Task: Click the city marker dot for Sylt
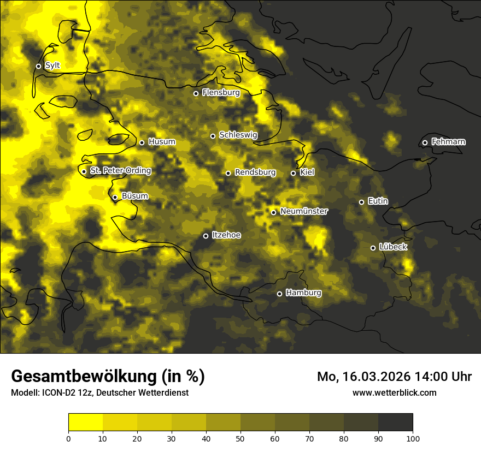coord(38,66)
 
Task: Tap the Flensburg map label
coord(221,93)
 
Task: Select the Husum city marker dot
coord(142,142)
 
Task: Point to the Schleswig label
coord(238,135)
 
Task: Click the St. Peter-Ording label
coord(120,170)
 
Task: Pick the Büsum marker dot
coord(115,197)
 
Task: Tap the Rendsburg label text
coord(255,172)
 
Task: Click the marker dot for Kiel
coord(293,173)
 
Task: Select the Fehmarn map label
coord(448,142)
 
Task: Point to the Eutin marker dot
coord(361,202)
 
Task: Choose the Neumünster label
coord(304,211)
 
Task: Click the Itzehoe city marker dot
coord(206,236)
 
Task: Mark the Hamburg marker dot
coord(279,294)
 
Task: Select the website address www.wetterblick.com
coord(395,392)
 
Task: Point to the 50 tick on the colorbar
coord(241,438)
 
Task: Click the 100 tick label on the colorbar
coord(413,438)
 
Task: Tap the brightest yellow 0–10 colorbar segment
coord(85,422)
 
